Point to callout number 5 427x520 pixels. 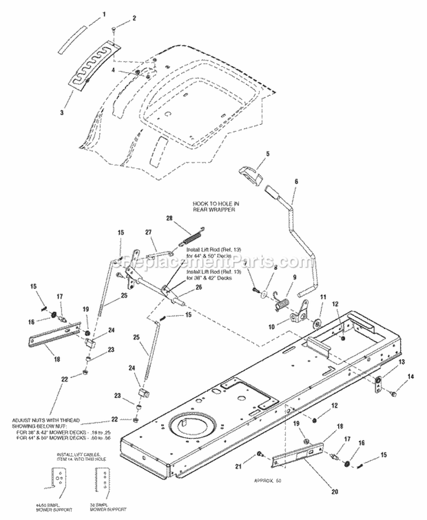[x=252, y=153]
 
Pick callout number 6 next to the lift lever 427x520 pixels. [x=295, y=181]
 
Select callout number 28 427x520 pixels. [x=169, y=218]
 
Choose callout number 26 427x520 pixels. [x=199, y=287]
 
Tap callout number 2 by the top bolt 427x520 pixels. [x=134, y=19]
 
